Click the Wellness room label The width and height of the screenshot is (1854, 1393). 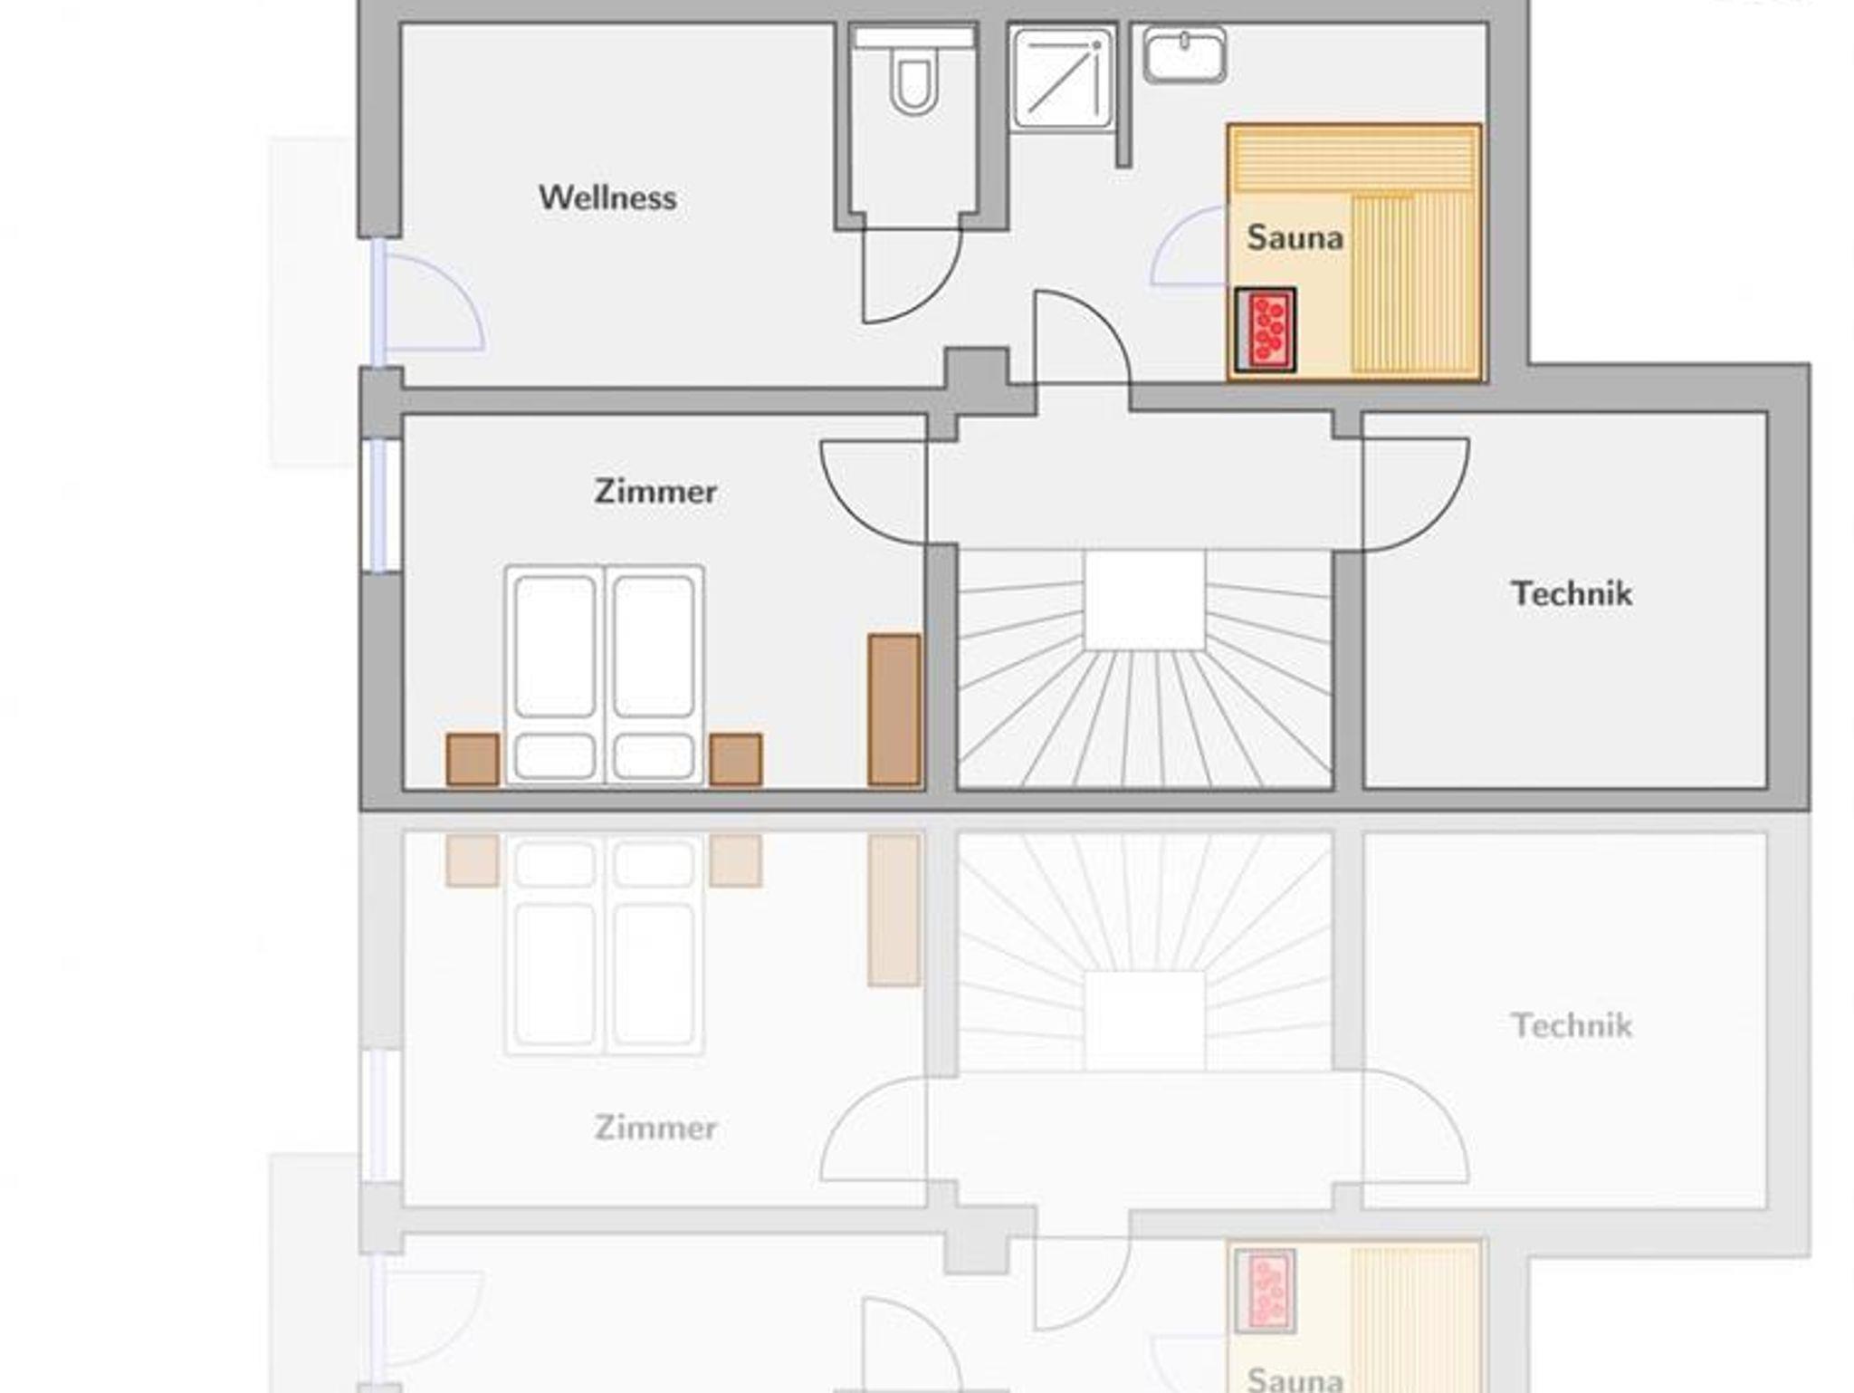tap(607, 197)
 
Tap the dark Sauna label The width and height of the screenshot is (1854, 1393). tap(1295, 237)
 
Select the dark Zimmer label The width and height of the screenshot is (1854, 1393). tap(655, 491)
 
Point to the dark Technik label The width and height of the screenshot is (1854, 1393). tap(1572, 593)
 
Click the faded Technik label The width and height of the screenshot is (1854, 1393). tap(1572, 1025)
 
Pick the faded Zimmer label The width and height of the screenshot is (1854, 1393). tap(655, 1128)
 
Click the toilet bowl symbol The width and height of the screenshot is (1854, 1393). tap(913, 82)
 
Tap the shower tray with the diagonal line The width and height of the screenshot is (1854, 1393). tap(1062, 78)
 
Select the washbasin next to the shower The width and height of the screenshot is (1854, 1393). tap(1185, 54)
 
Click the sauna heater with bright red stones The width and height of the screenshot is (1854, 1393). tap(1266, 330)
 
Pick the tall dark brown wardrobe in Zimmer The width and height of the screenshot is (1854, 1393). tap(894, 709)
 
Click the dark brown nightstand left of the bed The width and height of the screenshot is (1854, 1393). tap(473, 759)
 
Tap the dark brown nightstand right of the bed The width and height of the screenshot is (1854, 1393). tap(735, 759)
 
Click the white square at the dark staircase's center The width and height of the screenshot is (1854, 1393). tap(1145, 600)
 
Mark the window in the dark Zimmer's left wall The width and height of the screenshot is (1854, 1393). tap(381, 505)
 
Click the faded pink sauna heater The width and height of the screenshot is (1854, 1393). tap(1266, 1291)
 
